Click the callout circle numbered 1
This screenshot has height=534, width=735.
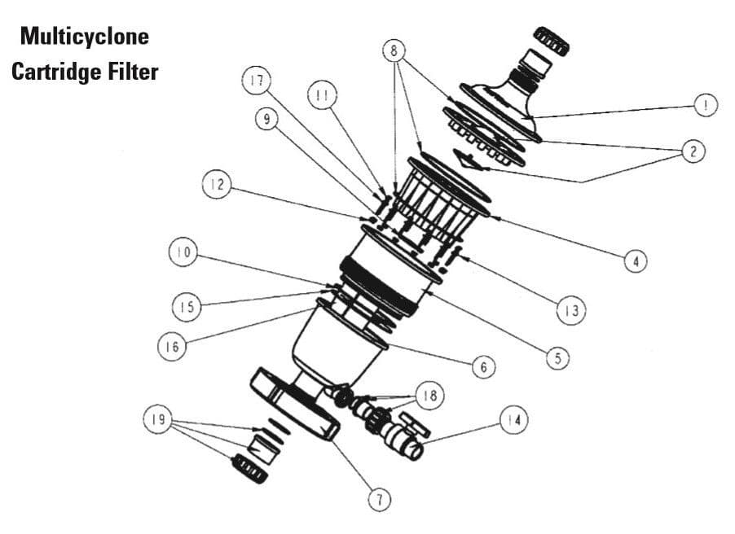pyautogui.click(x=706, y=105)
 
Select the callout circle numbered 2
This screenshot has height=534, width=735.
pyautogui.click(x=693, y=151)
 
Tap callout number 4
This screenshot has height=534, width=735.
pyautogui.click(x=636, y=261)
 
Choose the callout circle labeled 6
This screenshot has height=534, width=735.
pyautogui.click(x=483, y=367)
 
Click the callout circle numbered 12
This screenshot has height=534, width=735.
pyautogui.click(x=214, y=186)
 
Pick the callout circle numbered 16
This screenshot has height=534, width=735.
pyautogui.click(x=169, y=346)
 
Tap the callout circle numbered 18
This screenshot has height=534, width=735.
pyautogui.click(x=429, y=396)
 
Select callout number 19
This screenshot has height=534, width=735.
pyautogui.click(x=158, y=420)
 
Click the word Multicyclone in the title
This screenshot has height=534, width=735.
pyautogui.click(x=85, y=37)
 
